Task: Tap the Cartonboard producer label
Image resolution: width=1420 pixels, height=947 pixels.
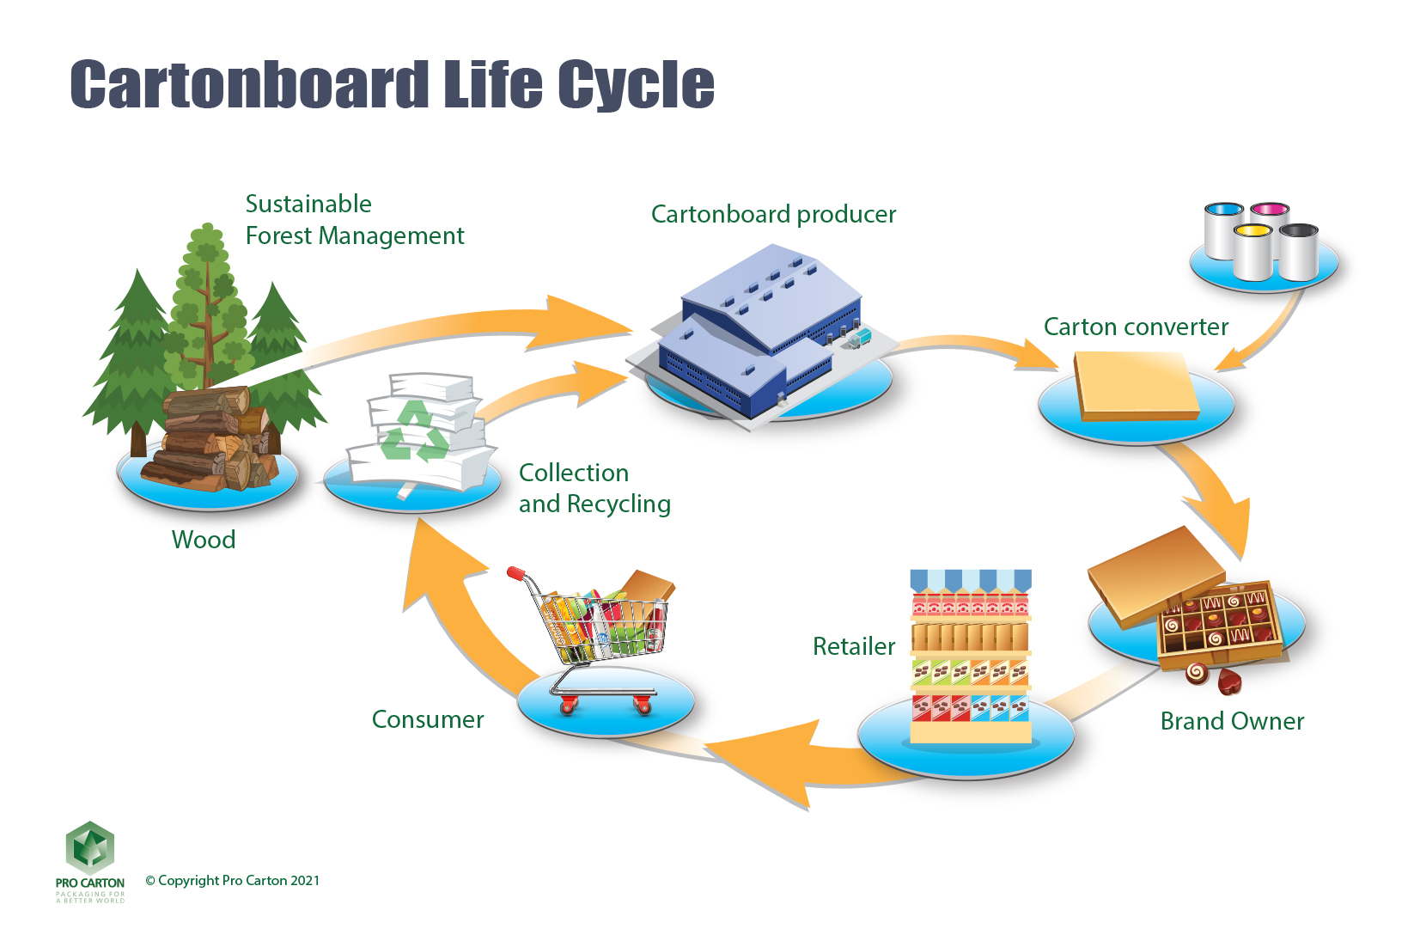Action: pyautogui.click(x=772, y=214)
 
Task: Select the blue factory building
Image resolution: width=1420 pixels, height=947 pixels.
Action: pyautogui.click(x=756, y=335)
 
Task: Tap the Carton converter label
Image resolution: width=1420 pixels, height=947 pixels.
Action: pyautogui.click(x=1135, y=327)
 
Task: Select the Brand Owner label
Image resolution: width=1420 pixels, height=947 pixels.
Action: pyautogui.click(x=1231, y=720)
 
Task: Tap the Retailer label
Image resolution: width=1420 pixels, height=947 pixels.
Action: pyautogui.click(x=853, y=646)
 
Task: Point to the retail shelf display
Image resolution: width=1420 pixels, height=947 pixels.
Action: pyautogui.click(x=971, y=657)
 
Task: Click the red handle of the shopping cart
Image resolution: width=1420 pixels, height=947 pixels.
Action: pyautogui.click(x=516, y=572)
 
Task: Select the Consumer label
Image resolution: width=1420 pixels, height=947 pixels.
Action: pyautogui.click(x=427, y=719)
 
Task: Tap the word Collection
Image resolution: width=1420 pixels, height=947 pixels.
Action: pyautogui.click(x=573, y=473)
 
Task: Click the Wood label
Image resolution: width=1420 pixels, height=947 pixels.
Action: pyautogui.click(x=203, y=540)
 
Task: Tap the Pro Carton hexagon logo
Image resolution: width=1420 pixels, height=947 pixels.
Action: pyautogui.click(x=90, y=848)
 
